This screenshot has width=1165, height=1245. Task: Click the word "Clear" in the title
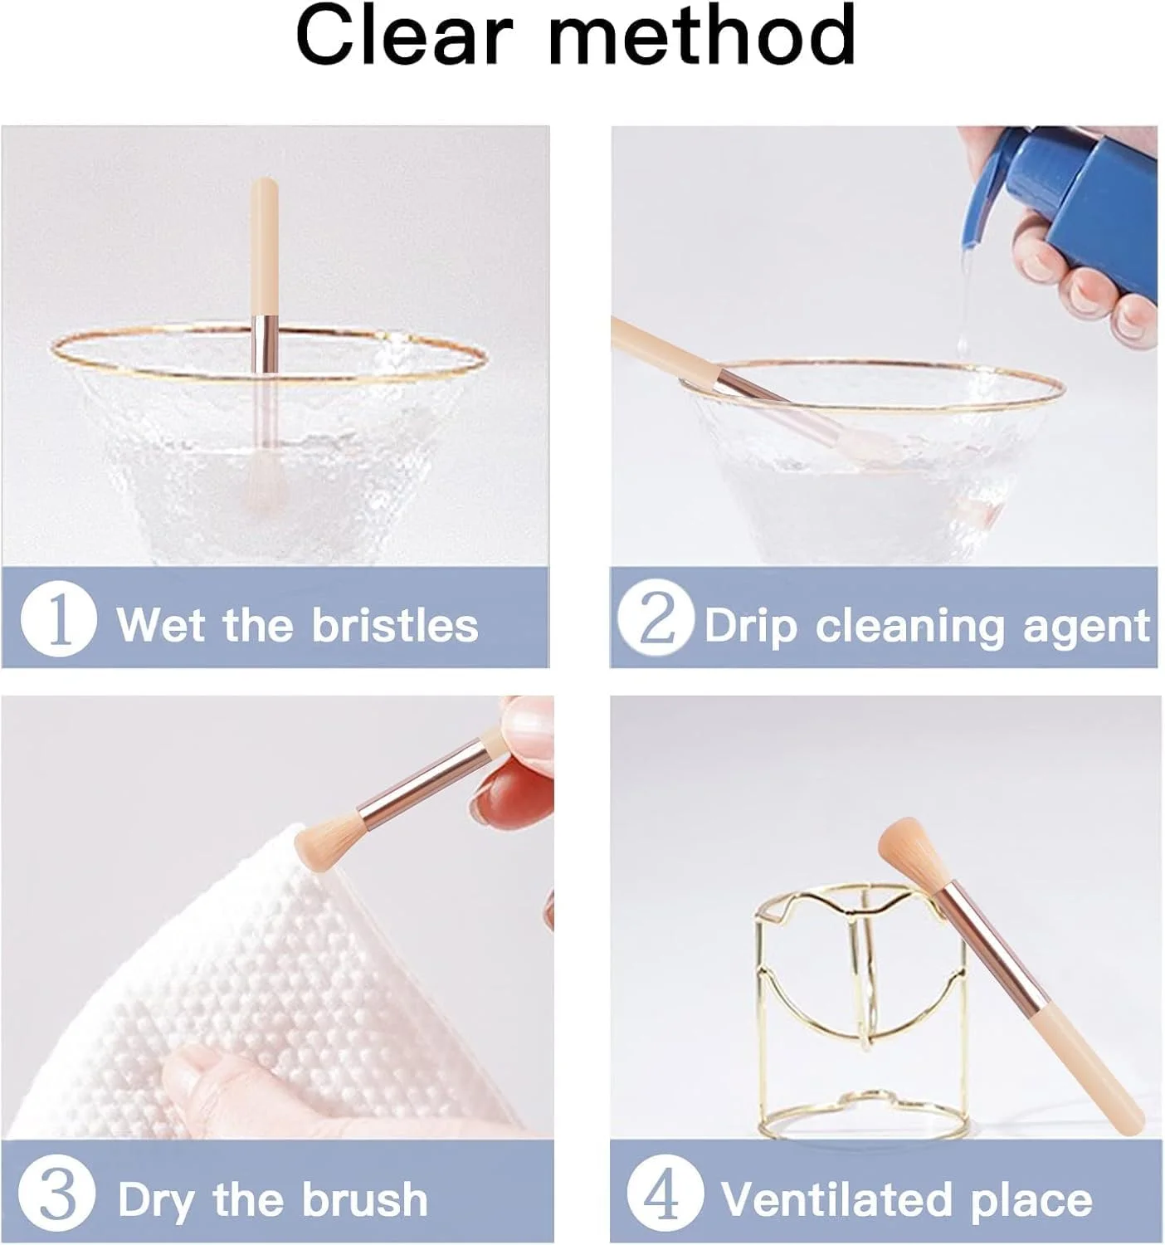pos(405,35)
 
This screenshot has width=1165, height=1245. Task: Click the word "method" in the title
pos(702,35)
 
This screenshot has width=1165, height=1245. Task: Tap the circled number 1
pos(58,618)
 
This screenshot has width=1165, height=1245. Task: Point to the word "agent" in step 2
pos(1087,627)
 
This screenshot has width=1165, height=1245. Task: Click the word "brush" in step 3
pos(366,1198)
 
